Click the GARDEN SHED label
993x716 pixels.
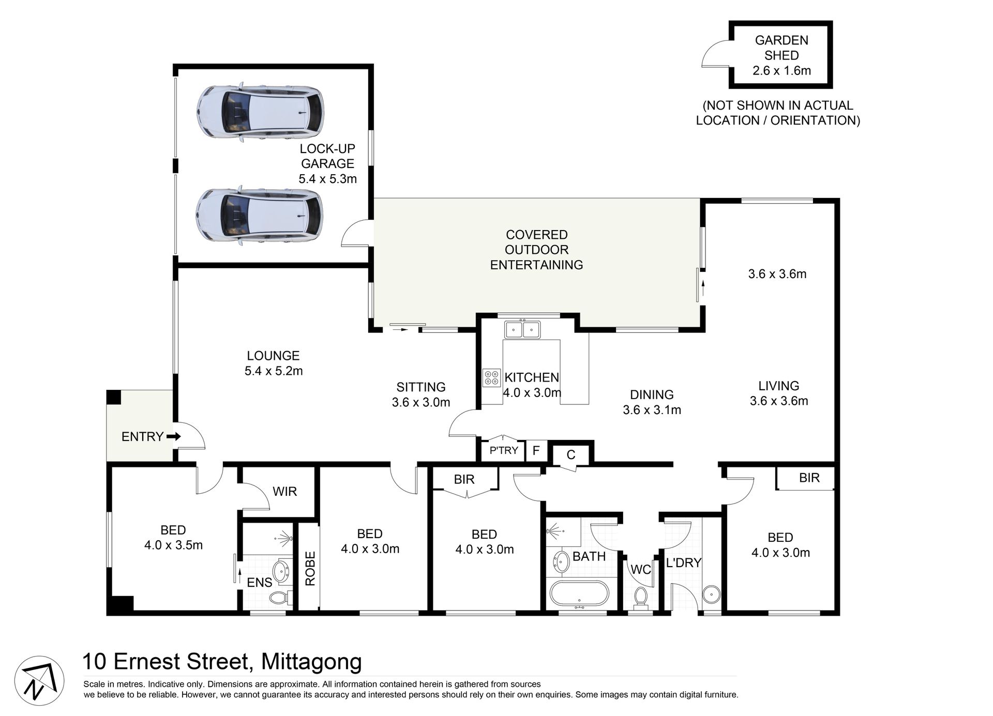(x=781, y=48)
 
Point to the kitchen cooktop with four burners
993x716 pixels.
(x=491, y=377)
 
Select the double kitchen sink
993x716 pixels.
(x=522, y=329)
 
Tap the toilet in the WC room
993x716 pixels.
(x=641, y=597)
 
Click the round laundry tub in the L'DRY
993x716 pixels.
(x=711, y=594)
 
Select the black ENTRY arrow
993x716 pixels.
(x=174, y=436)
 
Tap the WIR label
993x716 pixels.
(x=285, y=491)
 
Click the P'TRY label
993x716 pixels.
(x=504, y=450)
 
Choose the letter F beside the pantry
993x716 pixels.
(x=536, y=450)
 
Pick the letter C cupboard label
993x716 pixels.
(x=571, y=455)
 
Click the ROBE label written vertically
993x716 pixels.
(x=310, y=569)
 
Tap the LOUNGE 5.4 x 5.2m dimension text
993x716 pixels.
(x=274, y=371)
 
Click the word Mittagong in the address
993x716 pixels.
(x=311, y=661)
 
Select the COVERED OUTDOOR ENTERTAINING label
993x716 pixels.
(x=536, y=250)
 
